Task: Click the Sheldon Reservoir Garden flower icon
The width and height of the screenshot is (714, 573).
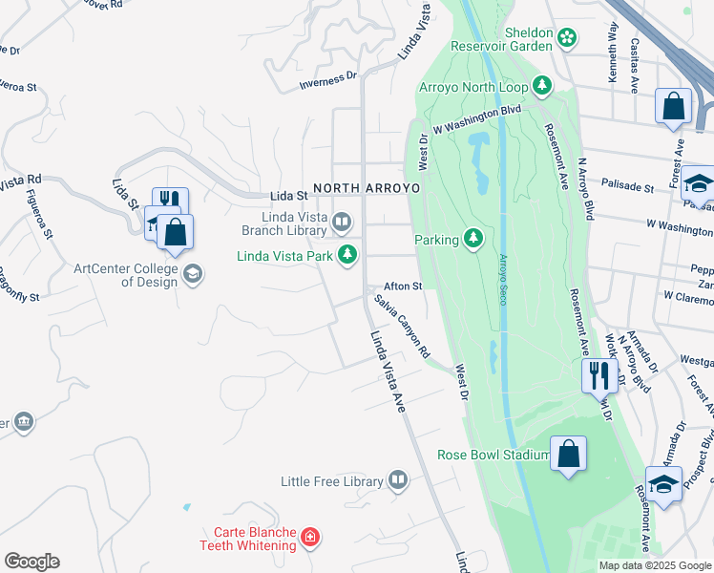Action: coord(568,38)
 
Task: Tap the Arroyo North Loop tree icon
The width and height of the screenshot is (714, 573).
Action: coord(543,87)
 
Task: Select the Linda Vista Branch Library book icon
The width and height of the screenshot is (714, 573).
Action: coord(342,223)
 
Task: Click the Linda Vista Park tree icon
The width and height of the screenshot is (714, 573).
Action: coord(349,255)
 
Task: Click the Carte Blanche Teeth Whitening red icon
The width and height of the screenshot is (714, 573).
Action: coord(309,538)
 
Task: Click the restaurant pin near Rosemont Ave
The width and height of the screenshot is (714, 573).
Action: coord(599,374)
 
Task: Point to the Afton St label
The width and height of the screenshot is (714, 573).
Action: coord(403,286)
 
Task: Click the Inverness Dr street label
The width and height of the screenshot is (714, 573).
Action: coord(327,81)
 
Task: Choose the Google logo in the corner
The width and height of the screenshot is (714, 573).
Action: coord(31,562)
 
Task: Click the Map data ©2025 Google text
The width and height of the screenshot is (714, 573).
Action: coord(654,565)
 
